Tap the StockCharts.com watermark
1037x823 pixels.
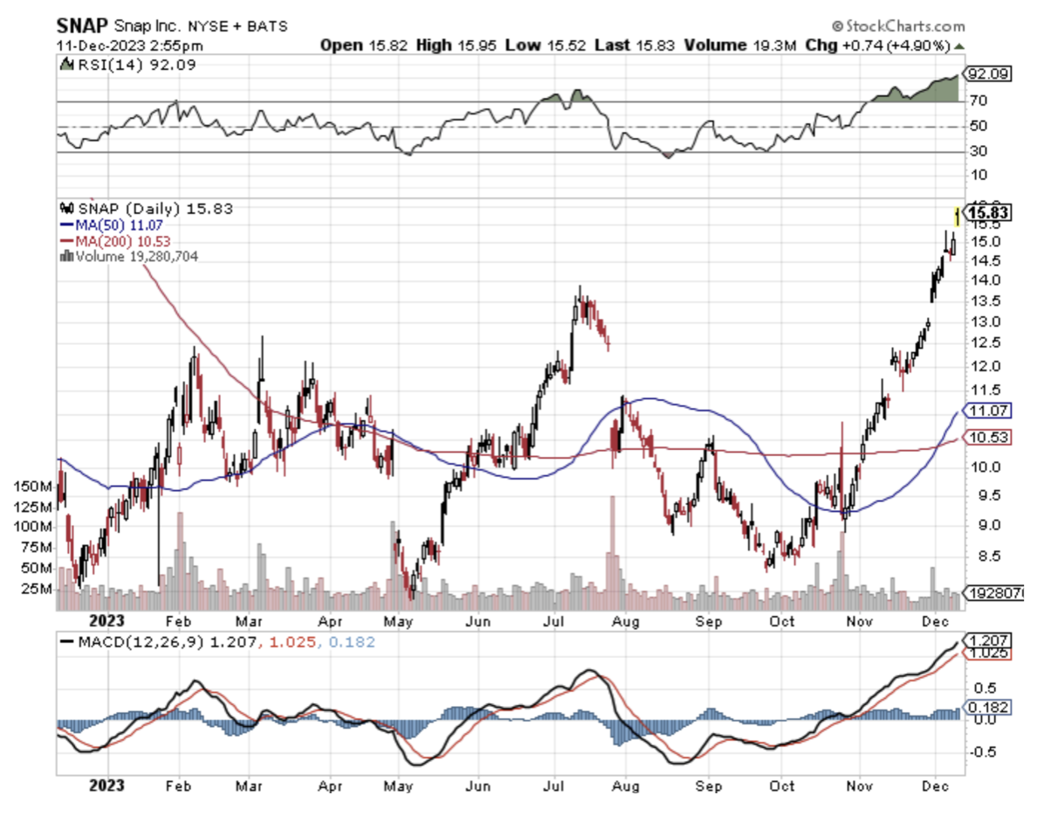(898, 26)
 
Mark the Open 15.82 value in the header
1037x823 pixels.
(353, 45)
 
